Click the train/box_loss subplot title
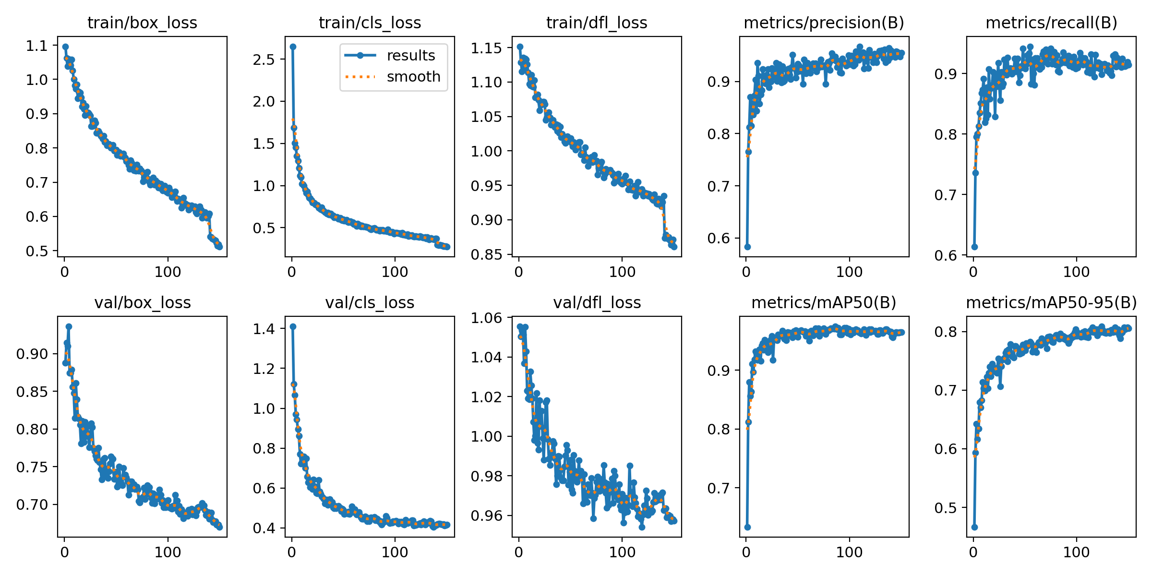142,23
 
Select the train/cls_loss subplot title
370,23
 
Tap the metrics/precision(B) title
824,23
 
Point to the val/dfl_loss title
597,302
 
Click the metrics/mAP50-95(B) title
1051,302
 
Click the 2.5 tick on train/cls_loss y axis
264,59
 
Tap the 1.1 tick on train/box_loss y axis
37,46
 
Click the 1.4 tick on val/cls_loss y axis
264,329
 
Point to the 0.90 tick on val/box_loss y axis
32,354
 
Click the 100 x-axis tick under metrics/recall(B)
1076,272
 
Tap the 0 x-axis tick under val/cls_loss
292,552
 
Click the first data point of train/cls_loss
293,47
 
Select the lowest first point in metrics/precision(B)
747,247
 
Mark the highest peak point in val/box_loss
69,326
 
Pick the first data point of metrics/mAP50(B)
747,527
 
